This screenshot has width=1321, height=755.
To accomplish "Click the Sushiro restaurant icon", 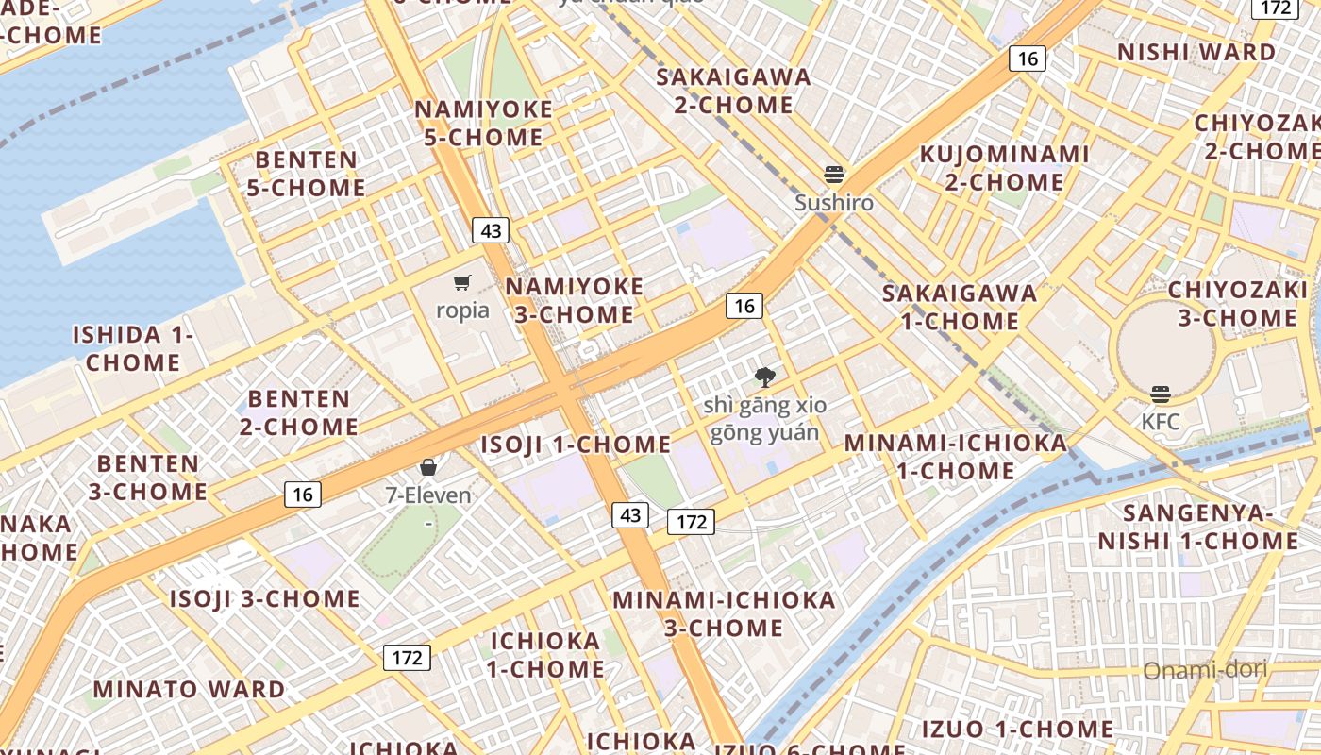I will pyautogui.click(x=834, y=175).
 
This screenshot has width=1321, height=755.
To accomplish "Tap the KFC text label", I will pyautogui.click(x=1161, y=422).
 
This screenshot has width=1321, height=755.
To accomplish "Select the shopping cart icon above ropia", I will pyautogui.click(x=462, y=283).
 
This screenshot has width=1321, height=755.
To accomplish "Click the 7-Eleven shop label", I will pyautogui.click(x=428, y=494).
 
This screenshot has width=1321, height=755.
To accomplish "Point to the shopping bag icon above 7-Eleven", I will pyautogui.click(x=428, y=467).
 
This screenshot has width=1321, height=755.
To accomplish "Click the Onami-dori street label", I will pyautogui.click(x=1205, y=670).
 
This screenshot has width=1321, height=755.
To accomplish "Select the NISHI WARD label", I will pyautogui.click(x=1196, y=53).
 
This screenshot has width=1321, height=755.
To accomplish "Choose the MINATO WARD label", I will pyautogui.click(x=189, y=690).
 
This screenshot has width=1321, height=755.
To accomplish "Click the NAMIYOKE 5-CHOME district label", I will pyautogui.click(x=484, y=124).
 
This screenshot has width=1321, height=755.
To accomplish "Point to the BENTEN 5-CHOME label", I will pyautogui.click(x=306, y=174).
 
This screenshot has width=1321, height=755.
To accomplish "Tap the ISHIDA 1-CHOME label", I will pyautogui.click(x=134, y=348).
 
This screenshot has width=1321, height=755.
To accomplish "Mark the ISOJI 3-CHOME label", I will pyautogui.click(x=264, y=598).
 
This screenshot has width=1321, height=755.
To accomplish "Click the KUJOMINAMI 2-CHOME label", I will pyautogui.click(x=1005, y=167).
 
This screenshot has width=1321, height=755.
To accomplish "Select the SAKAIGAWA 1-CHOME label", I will pyautogui.click(x=960, y=307).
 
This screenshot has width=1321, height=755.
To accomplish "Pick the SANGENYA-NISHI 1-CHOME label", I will pyautogui.click(x=1197, y=527).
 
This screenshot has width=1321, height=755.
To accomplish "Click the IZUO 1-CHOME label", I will pyautogui.click(x=1017, y=729).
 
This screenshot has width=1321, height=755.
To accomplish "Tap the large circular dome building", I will pyautogui.click(x=1165, y=348).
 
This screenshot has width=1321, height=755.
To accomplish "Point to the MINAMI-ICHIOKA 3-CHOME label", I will pyautogui.click(x=724, y=613).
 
